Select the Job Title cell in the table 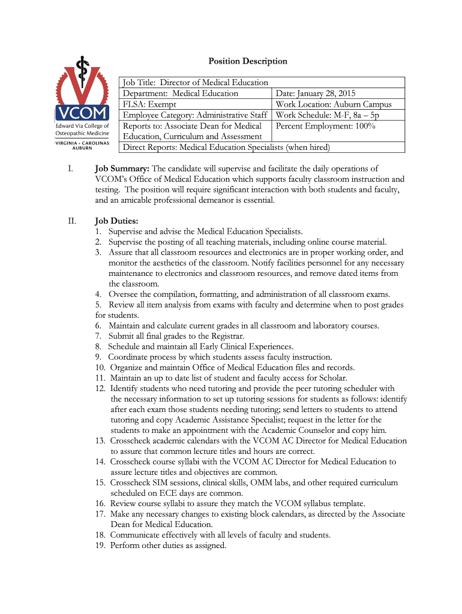[196, 83]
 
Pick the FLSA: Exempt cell [149, 104]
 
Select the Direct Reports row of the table [226, 148]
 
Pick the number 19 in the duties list [100, 546]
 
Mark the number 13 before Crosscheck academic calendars [100, 441]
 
